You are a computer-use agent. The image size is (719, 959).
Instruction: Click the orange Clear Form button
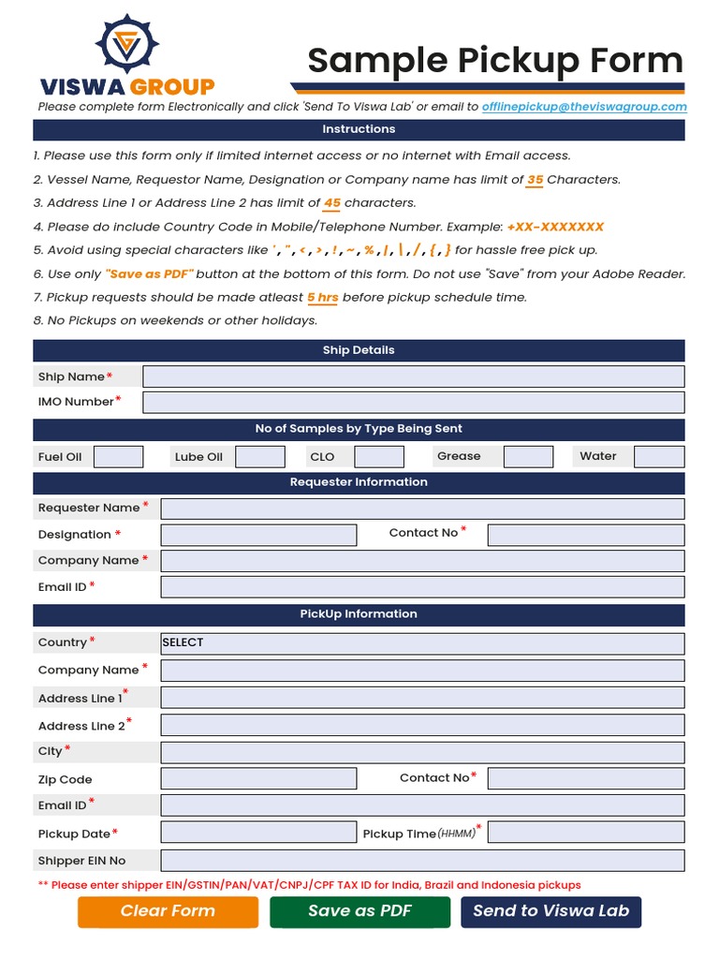tap(168, 911)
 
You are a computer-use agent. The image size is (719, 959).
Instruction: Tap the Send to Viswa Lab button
tap(550, 911)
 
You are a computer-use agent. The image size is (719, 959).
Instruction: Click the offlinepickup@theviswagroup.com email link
tap(584, 107)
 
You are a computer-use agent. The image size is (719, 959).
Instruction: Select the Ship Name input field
tap(413, 376)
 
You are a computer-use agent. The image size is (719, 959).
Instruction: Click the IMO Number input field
tap(413, 402)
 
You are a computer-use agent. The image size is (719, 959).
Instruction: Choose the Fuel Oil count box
tap(119, 457)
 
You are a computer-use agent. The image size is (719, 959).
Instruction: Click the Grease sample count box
tap(528, 457)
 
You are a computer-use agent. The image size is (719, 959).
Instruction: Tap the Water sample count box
tap(659, 457)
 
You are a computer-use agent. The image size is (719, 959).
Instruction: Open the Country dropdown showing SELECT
tap(422, 643)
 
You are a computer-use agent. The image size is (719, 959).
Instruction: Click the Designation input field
tap(258, 535)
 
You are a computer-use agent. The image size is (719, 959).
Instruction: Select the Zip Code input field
tap(258, 778)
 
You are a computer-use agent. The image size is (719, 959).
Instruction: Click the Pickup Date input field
tap(258, 833)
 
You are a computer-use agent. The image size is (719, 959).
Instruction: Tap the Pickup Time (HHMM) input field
tap(586, 833)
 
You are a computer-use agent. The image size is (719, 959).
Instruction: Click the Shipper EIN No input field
tap(422, 861)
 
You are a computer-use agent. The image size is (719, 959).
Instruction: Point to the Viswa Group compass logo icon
tap(125, 44)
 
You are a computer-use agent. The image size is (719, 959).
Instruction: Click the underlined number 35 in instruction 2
tap(535, 180)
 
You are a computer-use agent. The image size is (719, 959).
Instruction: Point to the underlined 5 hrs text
tap(323, 298)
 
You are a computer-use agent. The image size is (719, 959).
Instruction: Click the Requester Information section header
tap(359, 482)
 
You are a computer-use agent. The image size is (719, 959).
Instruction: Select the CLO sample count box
tap(379, 457)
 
